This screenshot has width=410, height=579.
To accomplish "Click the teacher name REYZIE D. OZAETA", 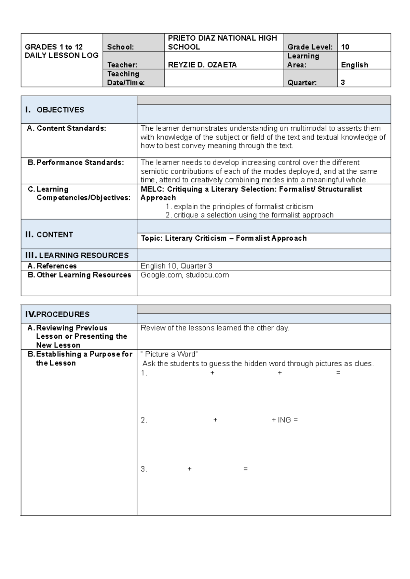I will coord(202,65).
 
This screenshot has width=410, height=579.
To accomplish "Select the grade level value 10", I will coord(345,47).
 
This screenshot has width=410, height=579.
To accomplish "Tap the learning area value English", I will coord(354,65).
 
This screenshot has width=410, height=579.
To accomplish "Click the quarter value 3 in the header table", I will coord(343,83).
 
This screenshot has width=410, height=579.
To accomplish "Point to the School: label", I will coord(120,47).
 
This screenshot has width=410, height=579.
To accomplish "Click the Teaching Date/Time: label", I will coord(126,78).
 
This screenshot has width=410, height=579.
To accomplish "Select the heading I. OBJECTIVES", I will coord(55,110).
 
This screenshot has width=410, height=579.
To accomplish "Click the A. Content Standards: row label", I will coord(67,128).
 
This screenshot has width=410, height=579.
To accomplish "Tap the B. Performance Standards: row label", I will coord(76,163).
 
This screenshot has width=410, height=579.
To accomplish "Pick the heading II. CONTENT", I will coord(49,235).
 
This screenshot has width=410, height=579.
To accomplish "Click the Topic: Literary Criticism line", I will coord(223,238).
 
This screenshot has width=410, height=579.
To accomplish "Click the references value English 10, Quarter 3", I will coord(176,266).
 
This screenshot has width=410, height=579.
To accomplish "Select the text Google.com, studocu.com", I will coord(184,275).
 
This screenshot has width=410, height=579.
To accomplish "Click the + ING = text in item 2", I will coord(285,420).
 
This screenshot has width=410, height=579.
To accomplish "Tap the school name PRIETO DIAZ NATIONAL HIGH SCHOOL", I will coord(222,42).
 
